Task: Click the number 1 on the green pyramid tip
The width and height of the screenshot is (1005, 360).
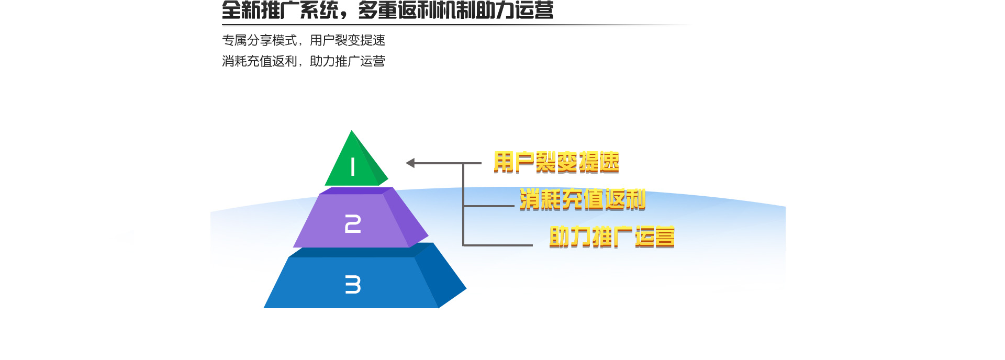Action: pyautogui.click(x=353, y=167)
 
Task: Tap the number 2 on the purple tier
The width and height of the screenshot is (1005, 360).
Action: pyautogui.click(x=353, y=224)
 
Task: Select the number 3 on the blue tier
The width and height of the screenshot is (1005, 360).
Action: pyautogui.click(x=353, y=285)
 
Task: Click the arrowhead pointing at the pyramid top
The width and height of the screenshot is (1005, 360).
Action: pyautogui.click(x=410, y=163)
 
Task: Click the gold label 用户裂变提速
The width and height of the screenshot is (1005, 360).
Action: pyautogui.click(x=556, y=162)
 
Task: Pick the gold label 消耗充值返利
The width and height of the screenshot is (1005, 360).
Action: pyautogui.click(x=583, y=199)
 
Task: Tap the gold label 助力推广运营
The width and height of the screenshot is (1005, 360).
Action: pyautogui.click(x=612, y=237)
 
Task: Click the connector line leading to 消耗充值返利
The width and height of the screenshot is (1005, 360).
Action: pyautogui.click(x=489, y=206)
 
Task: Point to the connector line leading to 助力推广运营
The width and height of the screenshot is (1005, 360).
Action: pyautogui.click(x=498, y=245)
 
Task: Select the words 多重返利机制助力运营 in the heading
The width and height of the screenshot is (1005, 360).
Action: pyautogui.click(x=456, y=10)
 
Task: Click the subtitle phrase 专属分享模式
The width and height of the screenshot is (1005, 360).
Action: pyautogui.click(x=259, y=40)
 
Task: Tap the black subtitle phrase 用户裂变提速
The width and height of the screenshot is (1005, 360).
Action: pyautogui.click(x=348, y=40)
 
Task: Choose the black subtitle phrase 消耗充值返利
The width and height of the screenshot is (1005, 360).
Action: pyautogui.click(x=259, y=61)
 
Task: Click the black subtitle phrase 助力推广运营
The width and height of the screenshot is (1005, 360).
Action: pyautogui.click(x=348, y=61)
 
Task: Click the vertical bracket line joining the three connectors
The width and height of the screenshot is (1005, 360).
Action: pyautogui.click(x=463, y=204)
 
